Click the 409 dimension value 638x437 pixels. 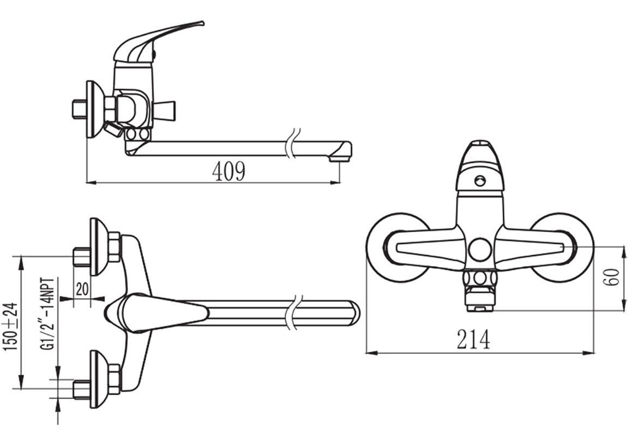pos(228,171)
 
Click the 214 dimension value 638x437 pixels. pos(473,339)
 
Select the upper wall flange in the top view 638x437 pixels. pos(99,246)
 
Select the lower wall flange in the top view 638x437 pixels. pos(99,379)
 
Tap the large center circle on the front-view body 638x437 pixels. pos(479,250)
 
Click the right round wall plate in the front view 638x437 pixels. pos(562,247)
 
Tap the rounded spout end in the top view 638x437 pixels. pos(354,313)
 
